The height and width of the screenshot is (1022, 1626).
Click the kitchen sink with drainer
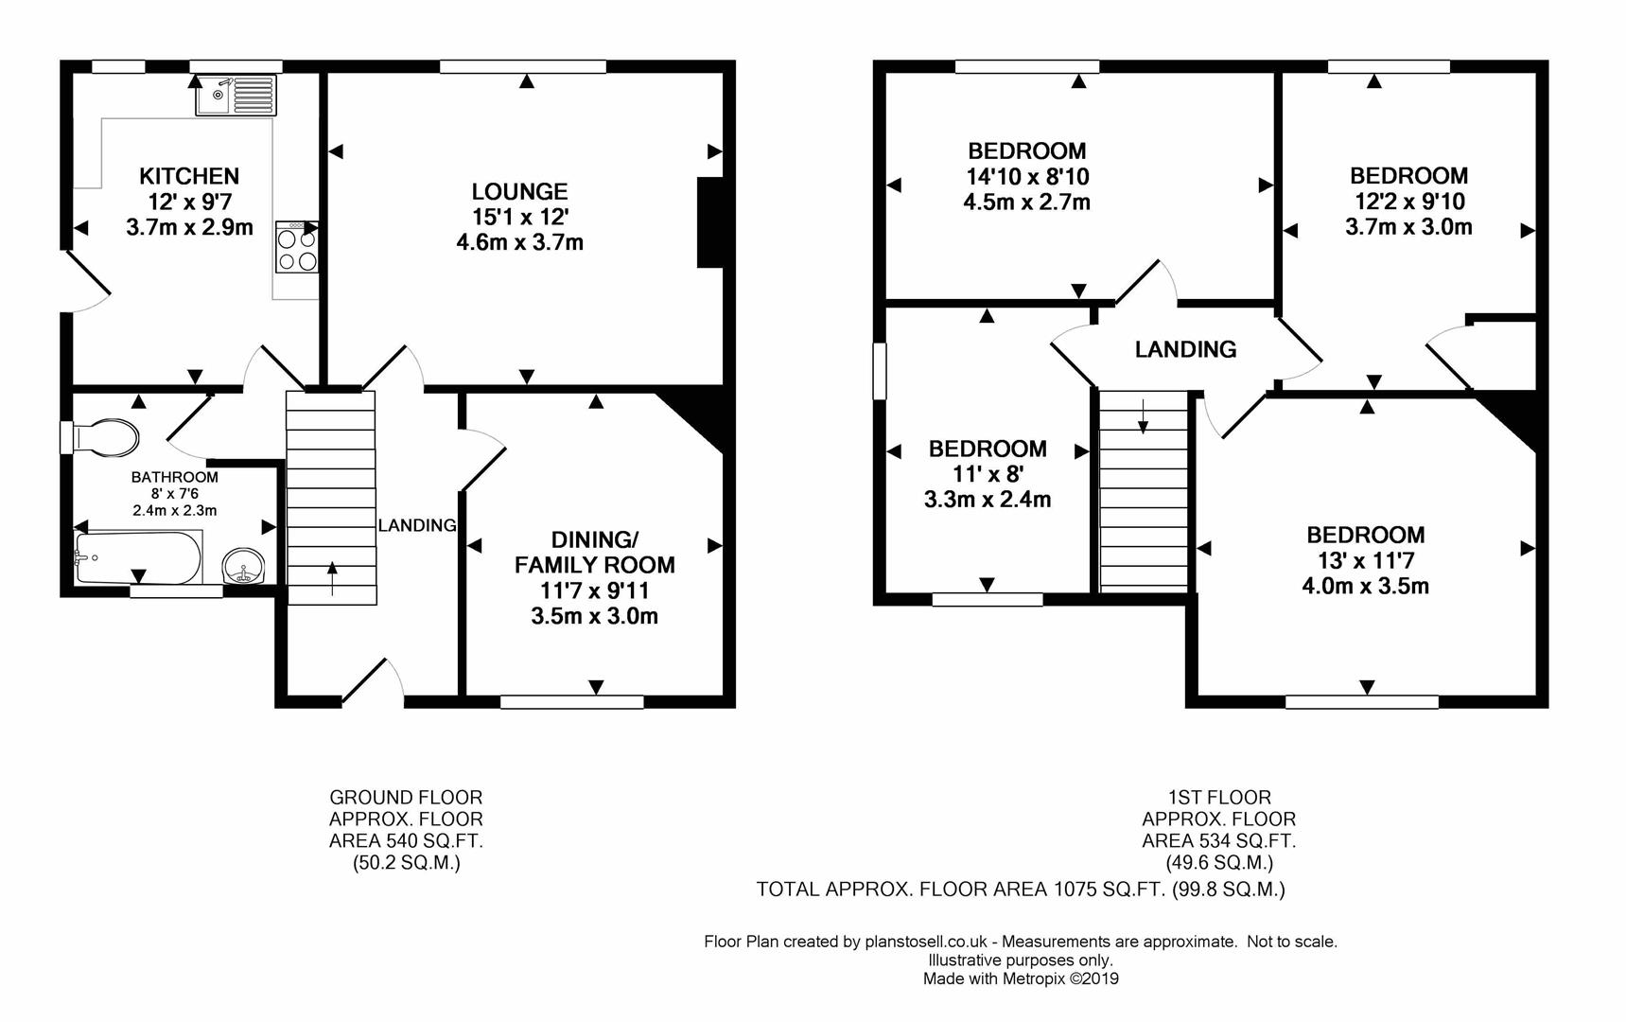click(236, 95)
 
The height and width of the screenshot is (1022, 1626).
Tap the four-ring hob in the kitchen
click(297, 247)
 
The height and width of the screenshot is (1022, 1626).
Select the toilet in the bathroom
click(100, 436)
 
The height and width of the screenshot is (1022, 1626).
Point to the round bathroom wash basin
click(244, 566)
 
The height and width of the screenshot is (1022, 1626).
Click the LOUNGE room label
click(519, 192)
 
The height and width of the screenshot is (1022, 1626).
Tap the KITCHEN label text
click(189, 176)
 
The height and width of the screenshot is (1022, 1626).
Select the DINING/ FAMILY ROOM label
click(595, 553)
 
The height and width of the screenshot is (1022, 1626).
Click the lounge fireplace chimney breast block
click(709, 222)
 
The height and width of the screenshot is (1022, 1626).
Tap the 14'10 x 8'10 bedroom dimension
click(1027, 177)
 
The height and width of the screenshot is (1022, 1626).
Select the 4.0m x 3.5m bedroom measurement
click(1365, 586)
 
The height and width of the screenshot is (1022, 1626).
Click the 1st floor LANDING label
click(1185, 349)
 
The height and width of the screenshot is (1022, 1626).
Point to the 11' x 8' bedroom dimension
click(988, 474)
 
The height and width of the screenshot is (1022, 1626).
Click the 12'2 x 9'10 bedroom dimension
click(1408, 202)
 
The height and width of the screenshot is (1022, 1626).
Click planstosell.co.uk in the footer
click(926, 942)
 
